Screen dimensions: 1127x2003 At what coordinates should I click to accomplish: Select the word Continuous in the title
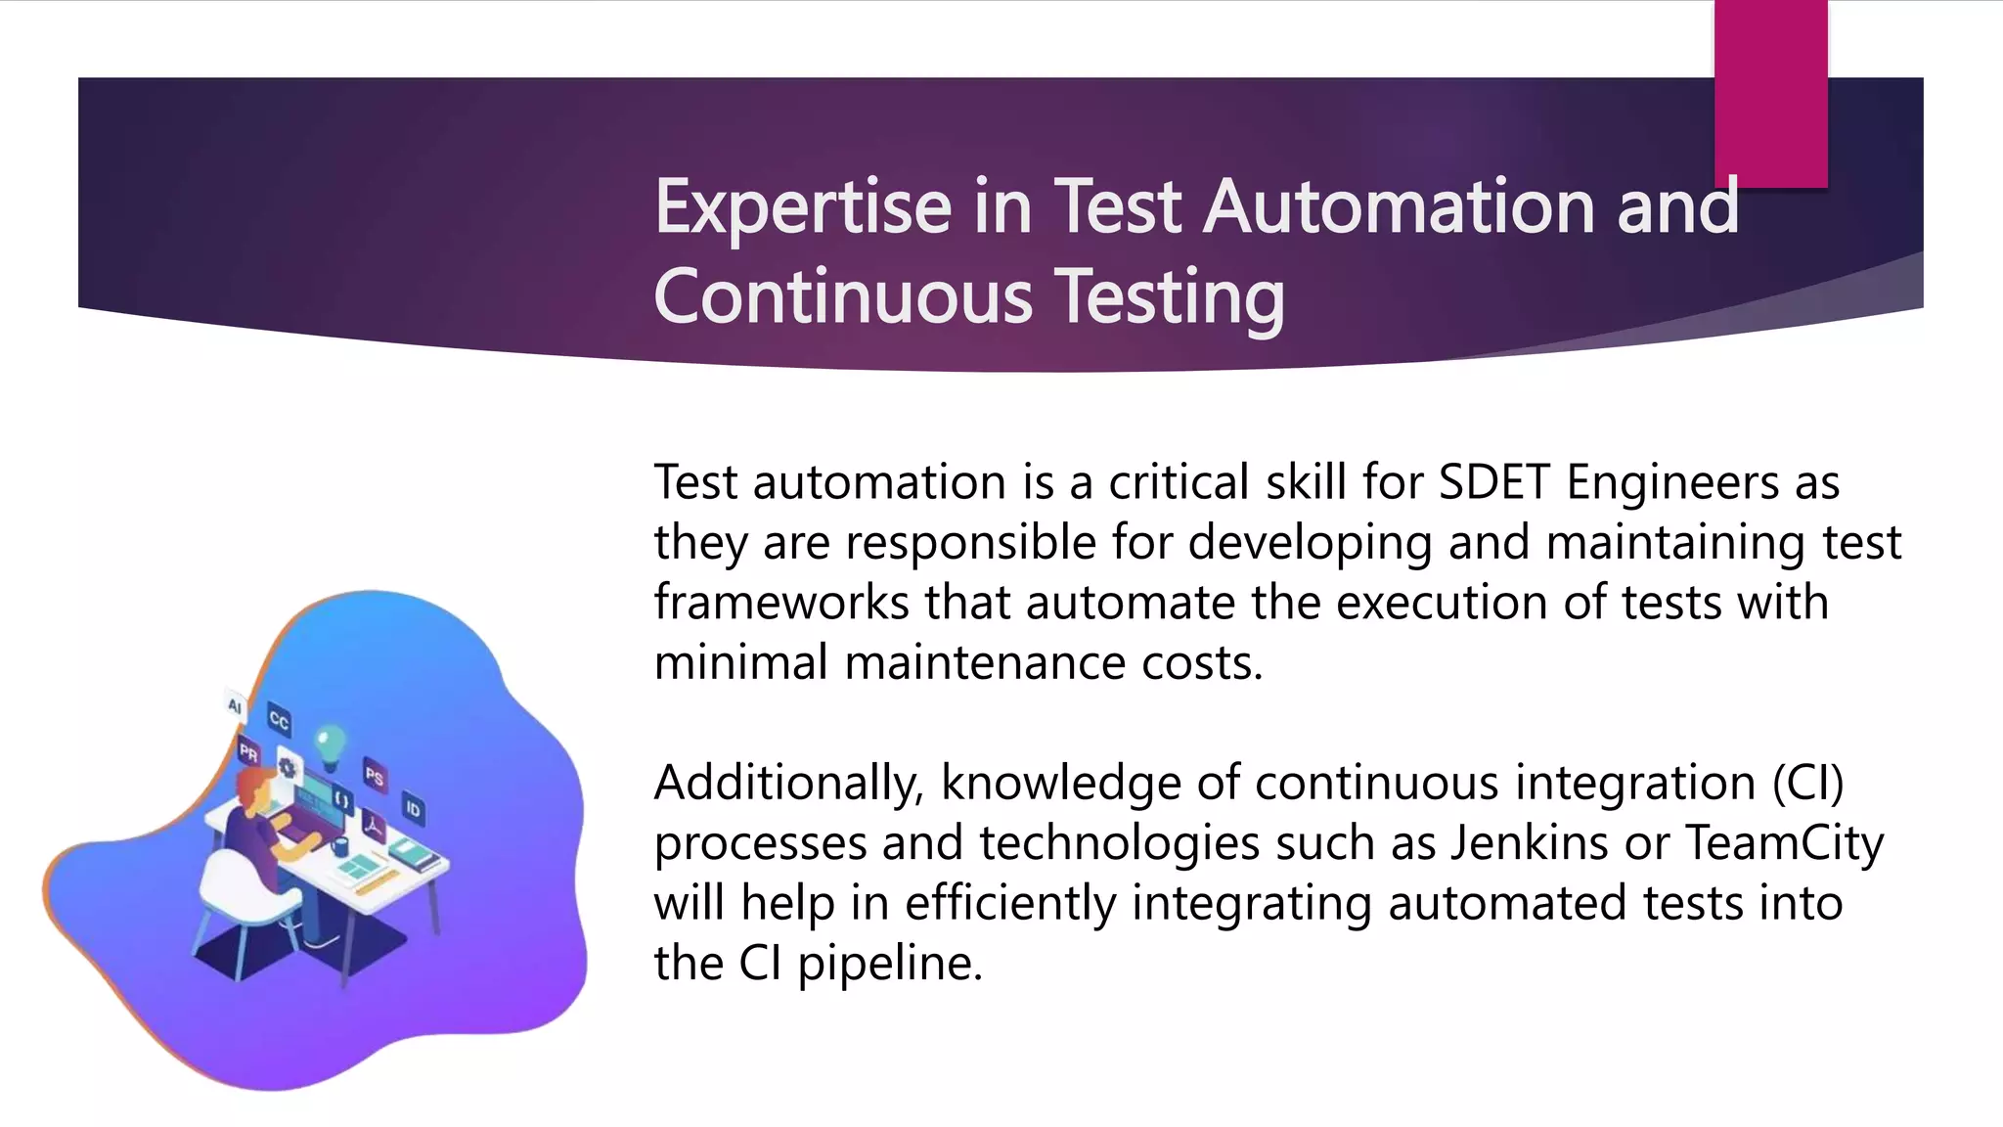[843, 297]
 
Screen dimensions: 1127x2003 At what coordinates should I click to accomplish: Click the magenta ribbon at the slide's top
[1770, 93]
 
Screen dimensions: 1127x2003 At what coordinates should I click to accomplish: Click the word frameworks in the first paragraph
[781, 603]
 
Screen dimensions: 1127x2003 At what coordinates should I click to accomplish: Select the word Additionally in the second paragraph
[788, 784]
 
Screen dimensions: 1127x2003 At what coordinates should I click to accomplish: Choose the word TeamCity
[1784, 843]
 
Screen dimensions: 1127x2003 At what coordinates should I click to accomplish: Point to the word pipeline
[889, 964]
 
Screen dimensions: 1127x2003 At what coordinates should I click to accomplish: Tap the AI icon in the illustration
[235, 705]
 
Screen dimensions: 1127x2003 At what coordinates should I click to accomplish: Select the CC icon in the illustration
[279, 721]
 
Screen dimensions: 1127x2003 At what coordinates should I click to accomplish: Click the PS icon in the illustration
[375, 776]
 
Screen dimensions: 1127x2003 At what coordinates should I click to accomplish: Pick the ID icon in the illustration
[413, 809]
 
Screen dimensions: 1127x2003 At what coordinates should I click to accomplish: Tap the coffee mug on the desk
[339, 845]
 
